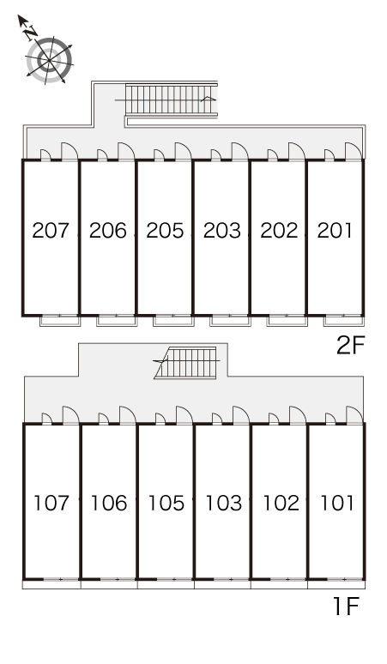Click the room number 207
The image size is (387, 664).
click(x=51, y=231)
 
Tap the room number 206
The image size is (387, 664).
click(x=107, y=231)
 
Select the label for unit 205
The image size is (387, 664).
click(x=165, y=231)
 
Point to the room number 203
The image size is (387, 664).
click(x=222, y=231)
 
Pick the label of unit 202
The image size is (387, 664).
click(x=279, y=231)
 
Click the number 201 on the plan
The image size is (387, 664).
click(x=335, y=231)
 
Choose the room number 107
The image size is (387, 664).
click(x=51, y=503)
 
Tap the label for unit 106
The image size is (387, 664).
click(x=108, y=503)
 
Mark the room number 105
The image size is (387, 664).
click(x=166, y=503)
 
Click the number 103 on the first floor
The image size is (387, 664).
click(x=223, y=503)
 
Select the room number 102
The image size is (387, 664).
click(x=281, y=503)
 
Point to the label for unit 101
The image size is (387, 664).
click(x=337, y=503)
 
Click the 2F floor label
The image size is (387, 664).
click(x=350, y=346)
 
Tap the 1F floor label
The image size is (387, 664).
click(x=347, y=607)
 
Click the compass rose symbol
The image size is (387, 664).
click(x=49, y=60)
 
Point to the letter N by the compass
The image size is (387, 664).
click(x=31, y=32)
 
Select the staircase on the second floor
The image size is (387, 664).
click(x=171, y=100)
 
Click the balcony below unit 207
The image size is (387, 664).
click(x=60, y=321)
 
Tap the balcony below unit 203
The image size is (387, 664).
click(x=230, y=321)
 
